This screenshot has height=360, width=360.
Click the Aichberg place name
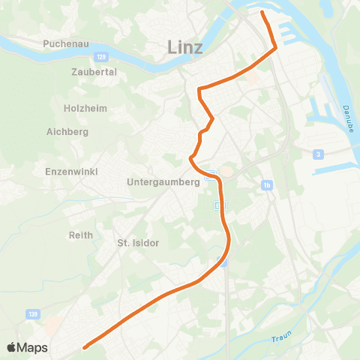point(67,132)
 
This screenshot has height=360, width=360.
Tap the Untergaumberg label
point(163,181)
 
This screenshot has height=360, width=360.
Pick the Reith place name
point(81,235)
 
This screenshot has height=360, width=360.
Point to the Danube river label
point(348,119)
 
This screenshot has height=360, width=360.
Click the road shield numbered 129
point(103,56)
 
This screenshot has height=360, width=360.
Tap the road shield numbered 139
point(31,314)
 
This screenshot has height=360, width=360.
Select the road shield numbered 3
point(319,154)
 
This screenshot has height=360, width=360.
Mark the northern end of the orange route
point(262,13)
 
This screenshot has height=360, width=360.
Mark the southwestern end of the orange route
point(85,347)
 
